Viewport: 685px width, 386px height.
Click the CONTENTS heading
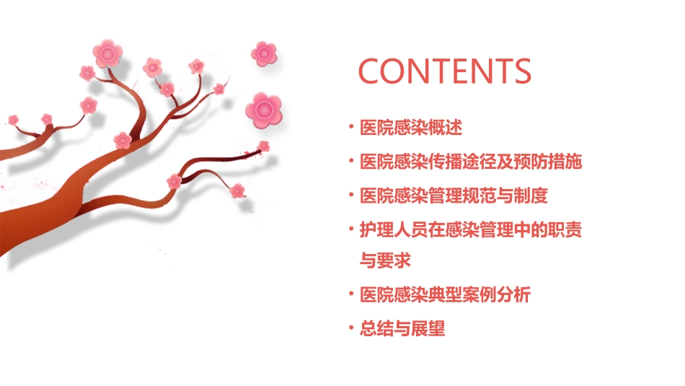click(x=445, y=71)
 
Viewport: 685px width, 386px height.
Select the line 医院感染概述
click(x=411, y=128)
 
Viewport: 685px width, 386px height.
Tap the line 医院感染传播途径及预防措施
click(x=471, y=162)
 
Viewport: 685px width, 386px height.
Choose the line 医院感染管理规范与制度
click(x=454, y=196)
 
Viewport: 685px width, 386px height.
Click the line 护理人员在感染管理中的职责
click(x=471, y=230)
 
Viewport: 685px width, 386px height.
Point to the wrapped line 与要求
click(x=386, y=260)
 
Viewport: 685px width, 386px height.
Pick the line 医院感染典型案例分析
click(x=446, y=295)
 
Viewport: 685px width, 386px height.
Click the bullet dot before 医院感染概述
click(x=351, y=128)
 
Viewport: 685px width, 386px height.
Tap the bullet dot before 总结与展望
click(x=351, y=329)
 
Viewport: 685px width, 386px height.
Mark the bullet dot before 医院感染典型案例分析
click(x=351, y=295)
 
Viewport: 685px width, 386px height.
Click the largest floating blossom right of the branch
click(x=263, y=110)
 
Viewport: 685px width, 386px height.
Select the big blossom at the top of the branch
click(x=108, y=53)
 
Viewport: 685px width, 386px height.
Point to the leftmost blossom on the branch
click(x=13, y=119)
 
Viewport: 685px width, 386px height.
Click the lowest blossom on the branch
click(x=237, y=190)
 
